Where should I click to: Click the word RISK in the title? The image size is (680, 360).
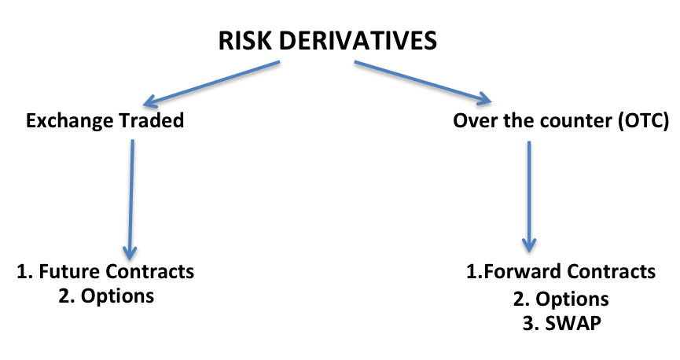pyautogui.click(x=245, y=41)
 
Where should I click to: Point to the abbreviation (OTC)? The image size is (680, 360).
pyautogui.click(x=644, y=121)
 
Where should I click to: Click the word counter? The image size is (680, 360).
pyautogui.click(x=576, y=121)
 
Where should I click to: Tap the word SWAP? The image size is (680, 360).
pyautogui.click(x=573, y=324)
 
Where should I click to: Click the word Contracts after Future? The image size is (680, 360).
pyautogui.click(x=150, y=271)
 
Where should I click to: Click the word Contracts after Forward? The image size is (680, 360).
pyautogui.click(x=611, y=271)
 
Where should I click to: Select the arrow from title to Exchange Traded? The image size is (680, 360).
pyautogui.click(x=211, y=83)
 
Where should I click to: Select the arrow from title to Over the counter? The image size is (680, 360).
pyautogui.click(x=423, y=83)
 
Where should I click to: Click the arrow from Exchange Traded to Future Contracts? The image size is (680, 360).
pyautogui.click(x=130, y=200)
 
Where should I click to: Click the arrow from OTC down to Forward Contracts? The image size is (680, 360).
pyautogui.click(x=529, y=197)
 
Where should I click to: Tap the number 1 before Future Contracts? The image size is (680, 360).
pyautogui.click(x=22, y=272)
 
